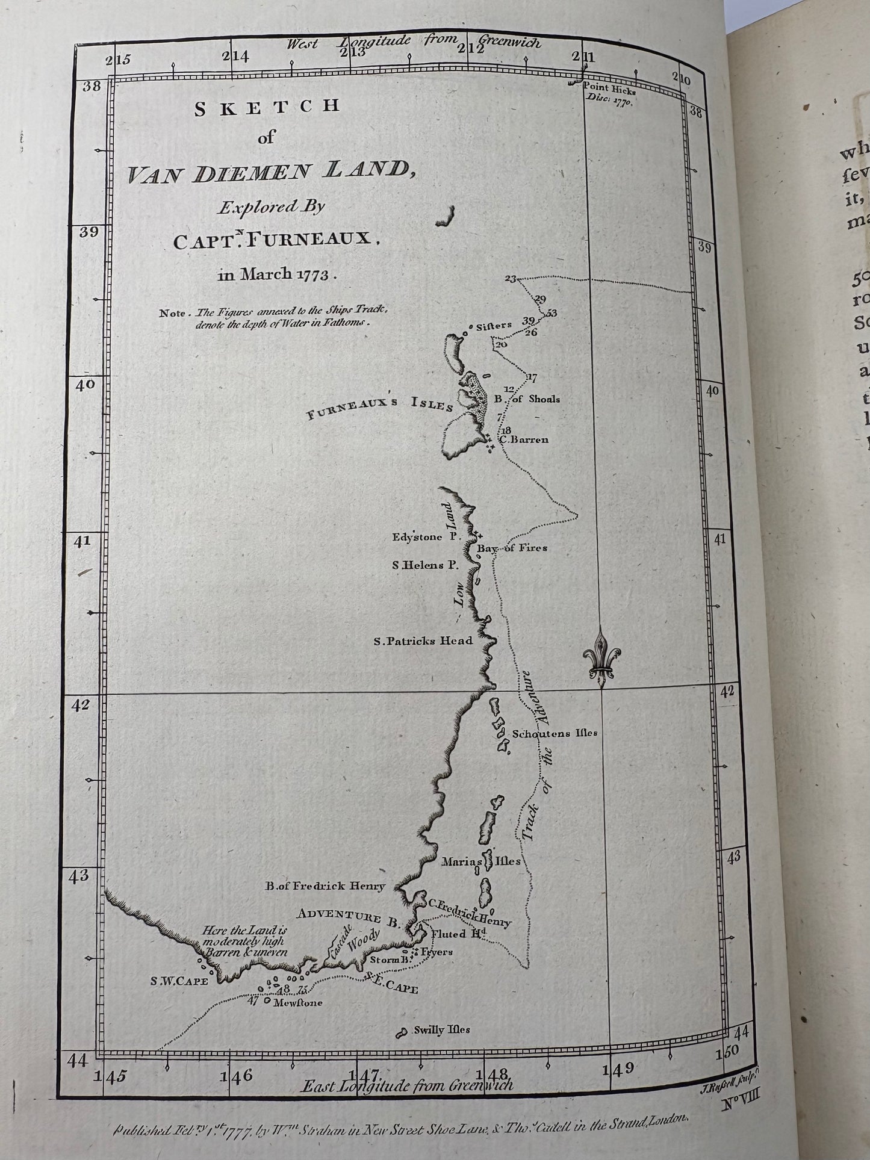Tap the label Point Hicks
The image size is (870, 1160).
(606, 88)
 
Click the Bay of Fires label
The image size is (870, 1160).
(512, 548)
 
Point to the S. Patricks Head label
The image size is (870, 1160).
(423, 641)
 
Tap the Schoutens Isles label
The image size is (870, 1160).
(555, 733)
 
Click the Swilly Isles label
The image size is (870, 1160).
(441, 1030)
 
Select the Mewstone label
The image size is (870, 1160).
(297, 1003)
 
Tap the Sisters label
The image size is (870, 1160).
(494, 326)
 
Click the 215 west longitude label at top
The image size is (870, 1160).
(117, 59)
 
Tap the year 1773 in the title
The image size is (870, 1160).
(314, 274)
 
